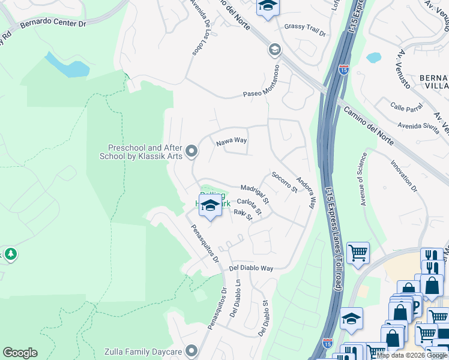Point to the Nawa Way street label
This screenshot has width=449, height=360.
tap(232, 142)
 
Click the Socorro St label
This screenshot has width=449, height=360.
tap(285, 182)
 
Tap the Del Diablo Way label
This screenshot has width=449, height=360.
tap(251, 269)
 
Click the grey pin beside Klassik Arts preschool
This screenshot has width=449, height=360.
tap(191, 151)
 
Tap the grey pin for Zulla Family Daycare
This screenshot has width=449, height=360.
tap(191, 350)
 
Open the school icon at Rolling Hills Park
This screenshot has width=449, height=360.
tap(209, 205)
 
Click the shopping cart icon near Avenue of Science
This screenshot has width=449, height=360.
tap(358, 253)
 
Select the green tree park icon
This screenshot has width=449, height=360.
tap(10, 254)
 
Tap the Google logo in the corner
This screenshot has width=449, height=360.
tap(20, 353)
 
